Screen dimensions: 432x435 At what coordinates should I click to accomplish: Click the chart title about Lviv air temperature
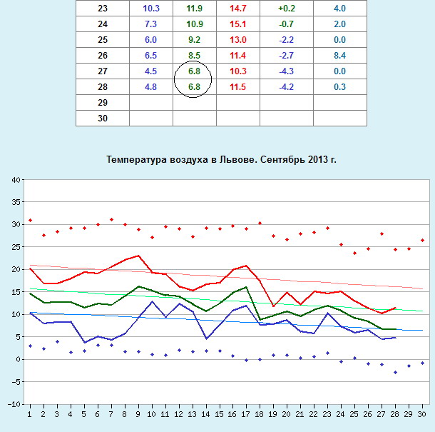[x=221, y=159]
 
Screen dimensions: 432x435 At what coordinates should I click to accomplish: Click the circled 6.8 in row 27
[x=193, y=71]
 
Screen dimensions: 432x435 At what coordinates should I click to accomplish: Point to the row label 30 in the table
[x=103, y=119]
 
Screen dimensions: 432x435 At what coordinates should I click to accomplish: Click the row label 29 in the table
[x=103, y=103]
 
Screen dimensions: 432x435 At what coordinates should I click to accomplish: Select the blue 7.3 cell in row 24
[x=150, y=24]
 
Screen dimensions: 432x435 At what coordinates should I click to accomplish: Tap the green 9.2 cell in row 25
[x=193, y=39]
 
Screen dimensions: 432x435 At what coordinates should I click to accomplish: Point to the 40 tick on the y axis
[x=16, y=180]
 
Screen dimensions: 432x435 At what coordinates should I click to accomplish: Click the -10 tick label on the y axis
[x=14, y=404]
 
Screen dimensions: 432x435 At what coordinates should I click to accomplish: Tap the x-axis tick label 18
[x=260, y=414]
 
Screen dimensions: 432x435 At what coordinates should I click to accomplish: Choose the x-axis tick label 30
[x=422, y=414]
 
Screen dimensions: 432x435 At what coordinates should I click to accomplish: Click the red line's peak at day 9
[x=138, y=256]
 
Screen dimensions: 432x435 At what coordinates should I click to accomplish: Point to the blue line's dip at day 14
[x=206, y=338]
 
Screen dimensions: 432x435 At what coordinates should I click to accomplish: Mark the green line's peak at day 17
[x=246, y=287]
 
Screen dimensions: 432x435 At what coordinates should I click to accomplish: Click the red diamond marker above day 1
[x=30, y=220]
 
